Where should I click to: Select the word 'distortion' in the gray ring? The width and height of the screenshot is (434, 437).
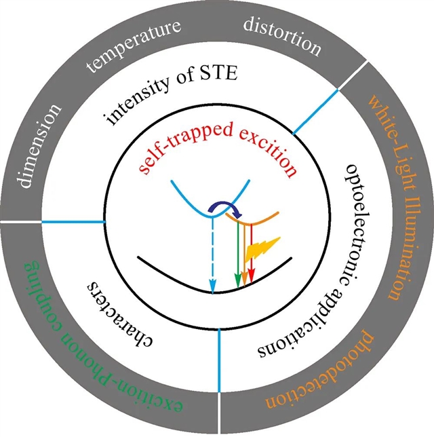tap(281, 36)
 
